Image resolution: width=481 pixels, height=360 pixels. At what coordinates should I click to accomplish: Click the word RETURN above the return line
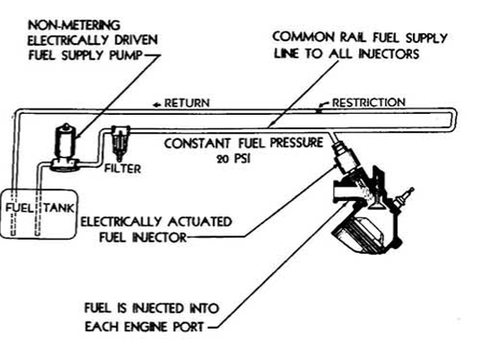point(188,103)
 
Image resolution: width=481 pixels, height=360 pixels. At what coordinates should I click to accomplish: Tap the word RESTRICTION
point(369,102)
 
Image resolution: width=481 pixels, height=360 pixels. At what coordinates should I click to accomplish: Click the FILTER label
point(123,169)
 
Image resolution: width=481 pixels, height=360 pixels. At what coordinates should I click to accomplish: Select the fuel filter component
point(120,142)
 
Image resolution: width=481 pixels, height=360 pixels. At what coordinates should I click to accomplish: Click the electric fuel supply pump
point(66,147)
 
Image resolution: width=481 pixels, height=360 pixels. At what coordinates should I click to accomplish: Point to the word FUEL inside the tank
point(19,208)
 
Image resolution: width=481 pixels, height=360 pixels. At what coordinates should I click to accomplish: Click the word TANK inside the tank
point(58,208)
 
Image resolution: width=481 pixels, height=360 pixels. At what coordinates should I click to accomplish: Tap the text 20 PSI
point(233,159)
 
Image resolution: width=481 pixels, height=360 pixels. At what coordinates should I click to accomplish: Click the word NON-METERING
point(74,25)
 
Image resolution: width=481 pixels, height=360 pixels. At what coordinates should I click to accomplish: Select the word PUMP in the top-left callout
point(126,56)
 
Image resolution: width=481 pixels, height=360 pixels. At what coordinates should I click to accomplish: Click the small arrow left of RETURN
point(157,104)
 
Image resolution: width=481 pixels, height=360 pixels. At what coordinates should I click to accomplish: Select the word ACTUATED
point(199,221)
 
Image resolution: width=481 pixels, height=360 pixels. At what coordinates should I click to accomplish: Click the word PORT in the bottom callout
point(188,327)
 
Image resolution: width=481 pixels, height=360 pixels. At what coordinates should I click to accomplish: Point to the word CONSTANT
point(197,144)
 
